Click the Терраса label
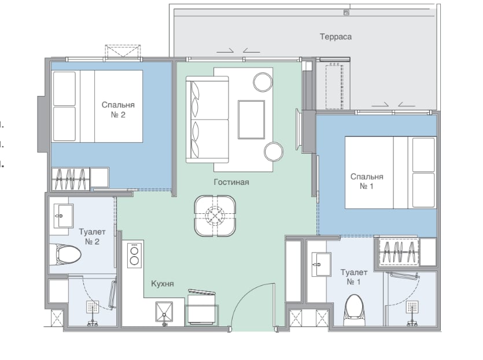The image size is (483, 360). [x=335, y=36]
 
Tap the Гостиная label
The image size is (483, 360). [x=231, y=182]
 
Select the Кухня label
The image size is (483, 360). [x=163, y=284]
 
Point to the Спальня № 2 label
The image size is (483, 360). [x=118, y=110]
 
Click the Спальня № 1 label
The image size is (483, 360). [x=367, y=181]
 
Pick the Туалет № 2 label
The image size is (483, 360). [x=92, y=236]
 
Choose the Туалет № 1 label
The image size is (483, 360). [x=353, y=277]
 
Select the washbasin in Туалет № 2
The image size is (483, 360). [x=64, y=216]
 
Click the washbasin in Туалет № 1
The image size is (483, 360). [x=321, y=264]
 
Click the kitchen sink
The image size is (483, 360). [x=164, y=313]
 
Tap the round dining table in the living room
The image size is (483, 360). [x=215, y=216]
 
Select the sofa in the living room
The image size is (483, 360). [x=207, y=120]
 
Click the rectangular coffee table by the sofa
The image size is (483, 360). [x=252, y=120]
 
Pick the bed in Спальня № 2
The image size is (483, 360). [x=97, y=106]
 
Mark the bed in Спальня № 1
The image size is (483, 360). [x=390, y=173]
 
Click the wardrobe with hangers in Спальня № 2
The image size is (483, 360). [x=71, y=179]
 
